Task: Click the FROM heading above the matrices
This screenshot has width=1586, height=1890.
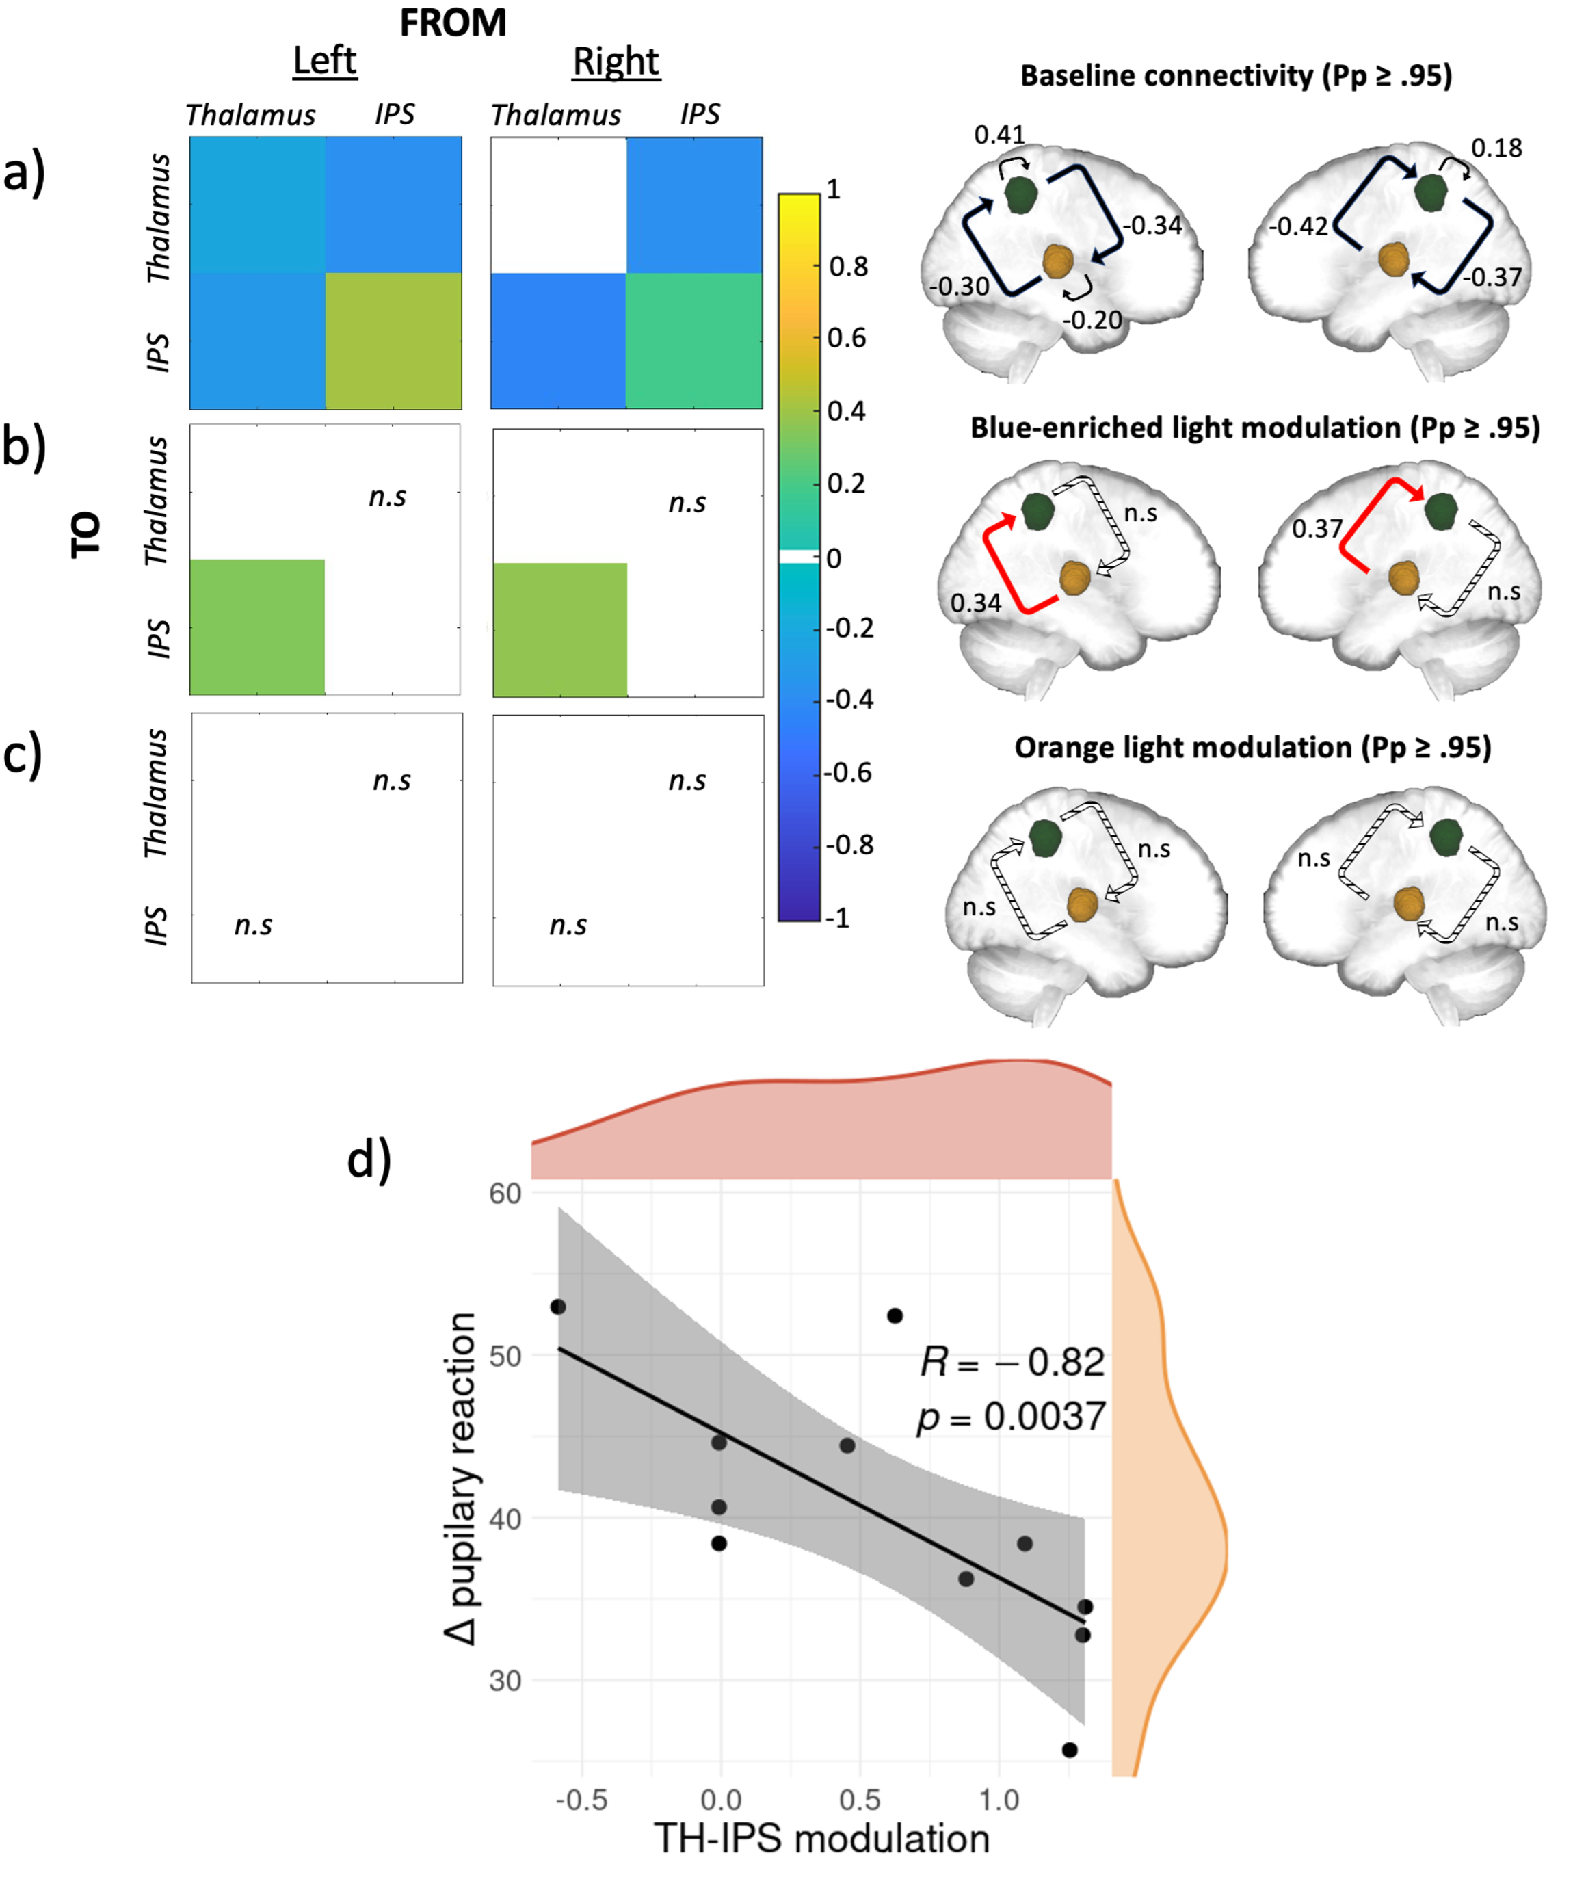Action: coord(453,23)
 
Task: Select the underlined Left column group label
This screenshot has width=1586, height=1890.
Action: coord(325,61)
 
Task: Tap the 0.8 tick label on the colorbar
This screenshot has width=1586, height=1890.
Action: coord(847,266)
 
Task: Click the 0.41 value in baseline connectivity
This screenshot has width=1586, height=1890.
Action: coord(999,135)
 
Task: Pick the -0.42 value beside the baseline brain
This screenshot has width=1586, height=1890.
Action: coord(1298,226)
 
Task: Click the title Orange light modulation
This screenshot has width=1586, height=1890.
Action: coord(1252,747)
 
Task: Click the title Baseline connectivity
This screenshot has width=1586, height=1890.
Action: coord(1236,76)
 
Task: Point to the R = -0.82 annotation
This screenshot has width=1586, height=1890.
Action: coord(1012,1362)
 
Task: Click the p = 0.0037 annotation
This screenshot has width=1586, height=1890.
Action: coord(1011,1417)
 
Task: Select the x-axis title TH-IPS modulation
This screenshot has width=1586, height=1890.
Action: coord(821,1839)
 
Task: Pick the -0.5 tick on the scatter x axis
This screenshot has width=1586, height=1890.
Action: coord(581,1799)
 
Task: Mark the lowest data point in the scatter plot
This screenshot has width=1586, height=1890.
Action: coord(1070,1750)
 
